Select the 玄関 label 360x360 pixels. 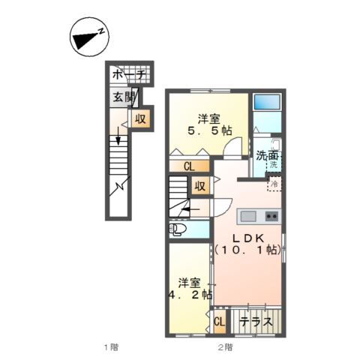[x=123, y=97]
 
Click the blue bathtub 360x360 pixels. [x=265, y=103]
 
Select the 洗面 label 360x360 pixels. [x=268, y=156]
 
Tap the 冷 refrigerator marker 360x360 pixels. [x=274, y=183]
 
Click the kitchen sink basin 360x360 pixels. [x=249, y=217]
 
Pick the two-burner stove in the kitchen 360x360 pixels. [x=271, y=217]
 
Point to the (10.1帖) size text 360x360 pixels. [x=247, y=250]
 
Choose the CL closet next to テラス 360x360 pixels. [x=220, y=322]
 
